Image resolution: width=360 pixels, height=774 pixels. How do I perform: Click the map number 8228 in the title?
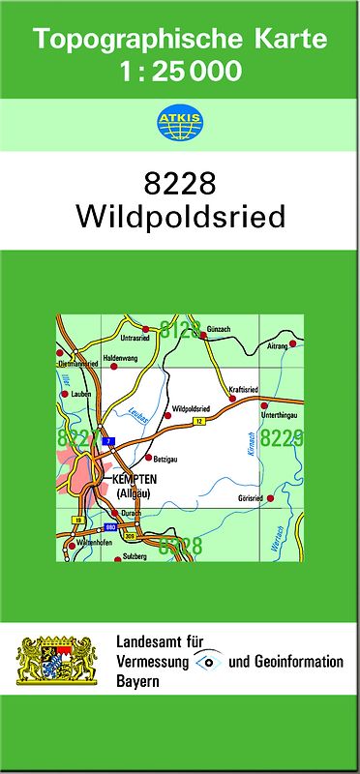180,184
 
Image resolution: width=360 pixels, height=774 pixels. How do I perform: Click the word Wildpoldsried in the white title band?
180,217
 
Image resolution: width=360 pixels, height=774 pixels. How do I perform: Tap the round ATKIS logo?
179,123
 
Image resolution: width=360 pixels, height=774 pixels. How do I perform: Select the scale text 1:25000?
180,70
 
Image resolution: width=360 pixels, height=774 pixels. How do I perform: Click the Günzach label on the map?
219,330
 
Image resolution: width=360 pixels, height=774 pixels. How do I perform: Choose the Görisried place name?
251,498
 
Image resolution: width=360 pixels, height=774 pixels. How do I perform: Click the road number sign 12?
197,422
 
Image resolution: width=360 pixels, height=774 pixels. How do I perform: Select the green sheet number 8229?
283,438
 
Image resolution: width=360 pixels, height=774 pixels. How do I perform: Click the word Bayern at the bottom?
137,681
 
